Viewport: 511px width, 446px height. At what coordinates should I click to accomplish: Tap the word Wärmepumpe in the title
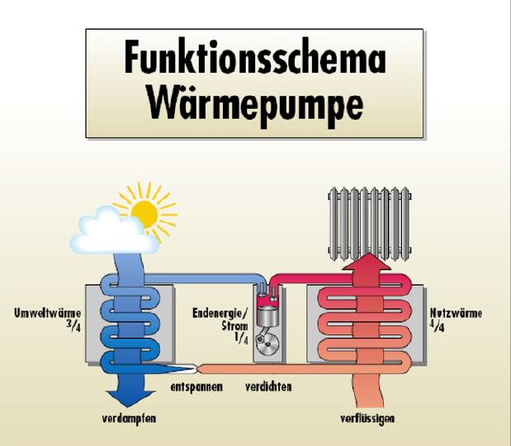pos(255,104)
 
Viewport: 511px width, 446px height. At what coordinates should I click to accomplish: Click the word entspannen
pos(196,387)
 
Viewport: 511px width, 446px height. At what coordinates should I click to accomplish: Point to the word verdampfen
pos(128,419)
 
